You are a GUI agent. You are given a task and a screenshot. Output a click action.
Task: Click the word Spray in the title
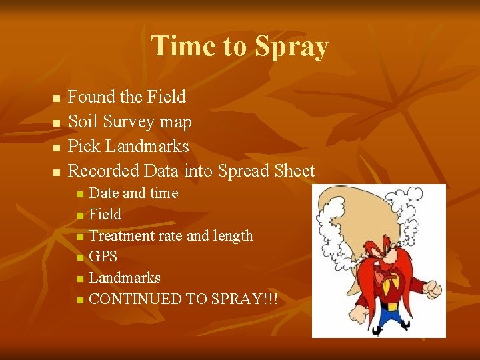coord(291,47)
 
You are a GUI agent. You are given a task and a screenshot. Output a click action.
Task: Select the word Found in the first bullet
coord(92,97)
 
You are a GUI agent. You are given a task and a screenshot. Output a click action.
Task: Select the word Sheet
coord(295,171)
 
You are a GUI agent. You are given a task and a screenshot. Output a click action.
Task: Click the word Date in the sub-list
coord(104,193)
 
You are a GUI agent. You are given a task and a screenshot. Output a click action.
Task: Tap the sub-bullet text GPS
coord(103,257)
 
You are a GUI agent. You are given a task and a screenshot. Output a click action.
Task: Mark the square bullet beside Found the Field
coord(56,99)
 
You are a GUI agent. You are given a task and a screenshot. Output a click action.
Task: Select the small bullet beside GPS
coord(80,257)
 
